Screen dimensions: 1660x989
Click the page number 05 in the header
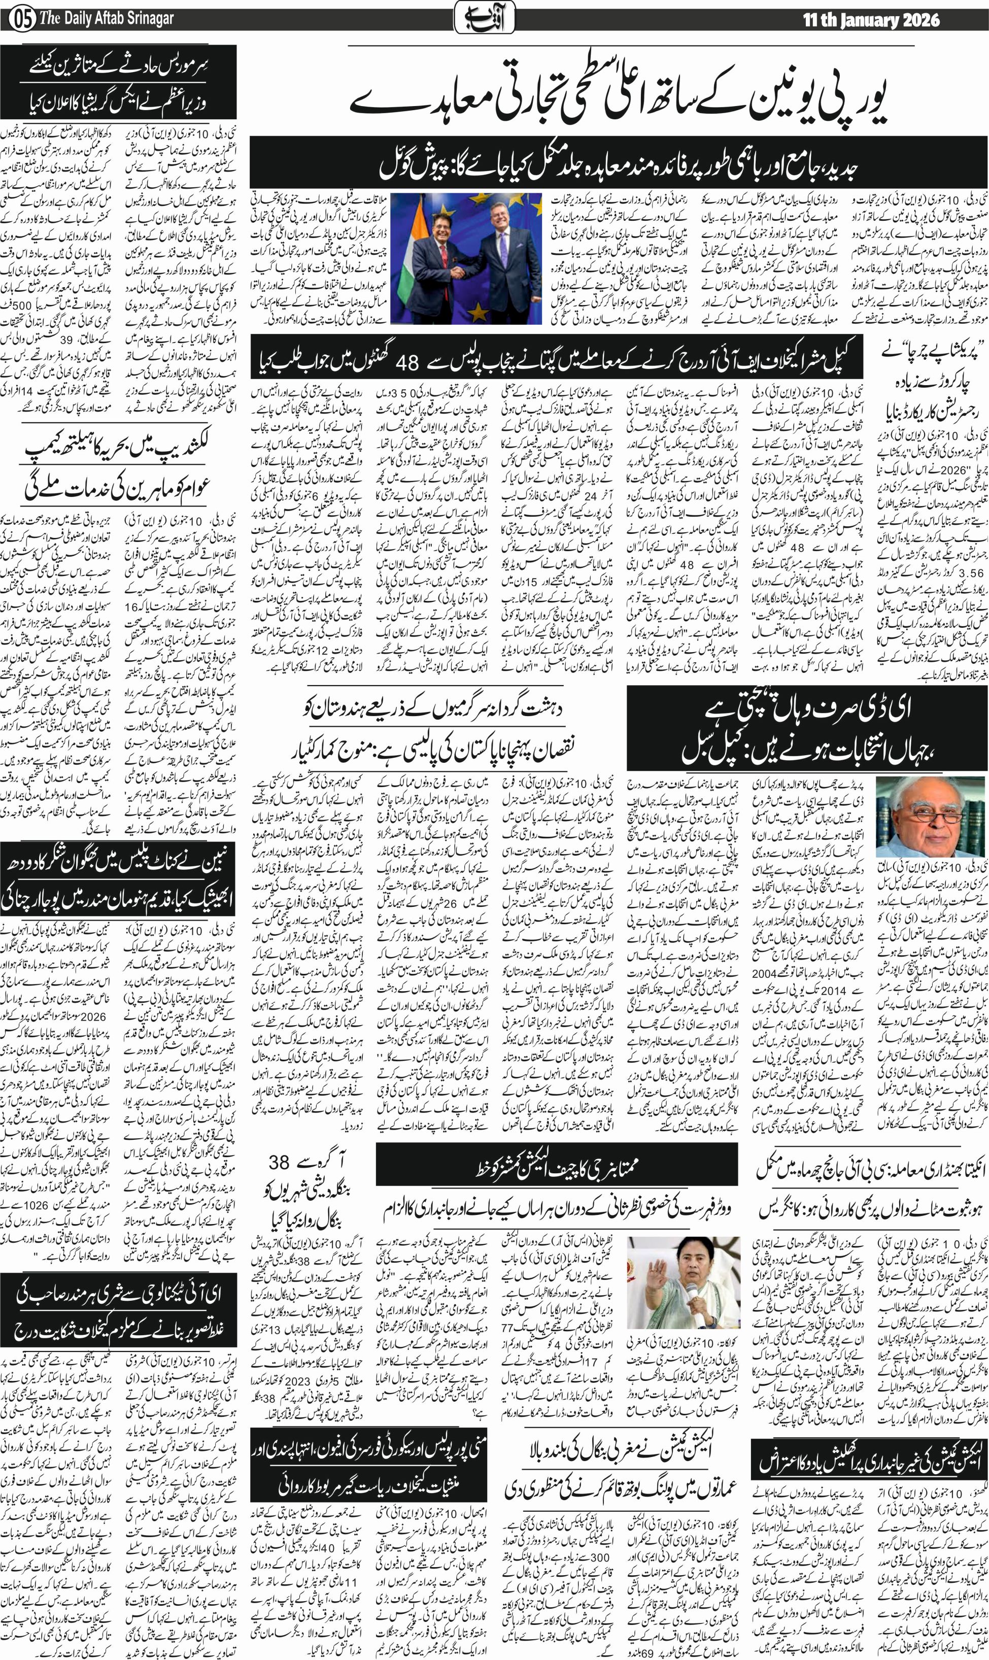(21, 19)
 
